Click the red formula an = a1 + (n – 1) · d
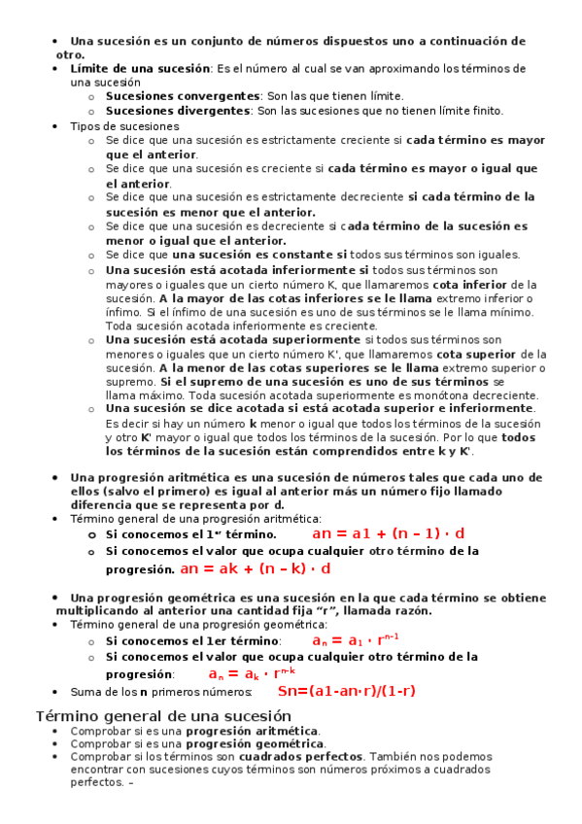click(388, 533)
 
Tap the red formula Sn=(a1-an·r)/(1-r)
click(346, 691)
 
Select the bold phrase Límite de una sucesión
click(140, 69)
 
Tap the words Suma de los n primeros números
click(160, 692)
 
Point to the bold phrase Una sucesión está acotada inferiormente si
click(237, 269)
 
